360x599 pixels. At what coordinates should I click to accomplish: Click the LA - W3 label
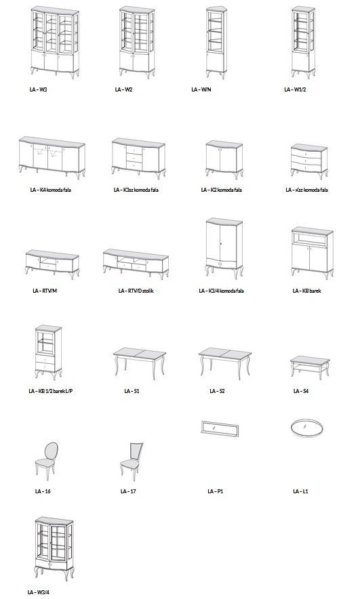pos(38,89)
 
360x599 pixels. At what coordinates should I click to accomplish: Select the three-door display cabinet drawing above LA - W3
pos(55,42)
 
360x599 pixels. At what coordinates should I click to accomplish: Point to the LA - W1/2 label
pos(295,89)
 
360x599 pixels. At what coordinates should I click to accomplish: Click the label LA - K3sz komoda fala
pos(136,190)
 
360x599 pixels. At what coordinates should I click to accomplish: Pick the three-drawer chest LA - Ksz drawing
pos(308,161)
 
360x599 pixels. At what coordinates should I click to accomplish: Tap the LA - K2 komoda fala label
pos(221,190)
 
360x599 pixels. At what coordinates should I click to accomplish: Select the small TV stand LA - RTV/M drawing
pos(52,264)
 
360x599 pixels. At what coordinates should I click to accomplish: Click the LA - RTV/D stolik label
pos(136,291)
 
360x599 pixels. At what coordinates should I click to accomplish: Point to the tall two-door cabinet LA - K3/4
pos(224,248)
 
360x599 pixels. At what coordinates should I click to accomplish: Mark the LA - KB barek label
pos(306,291)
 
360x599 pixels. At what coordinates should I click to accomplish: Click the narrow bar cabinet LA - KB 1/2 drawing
pos(48,352)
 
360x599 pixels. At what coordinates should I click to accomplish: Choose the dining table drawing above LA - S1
pos(140,363)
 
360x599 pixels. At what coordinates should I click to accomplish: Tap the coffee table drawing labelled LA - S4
pos(310,367)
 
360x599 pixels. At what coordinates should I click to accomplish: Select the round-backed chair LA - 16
pos(47,461)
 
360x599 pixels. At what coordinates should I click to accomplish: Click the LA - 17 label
pos(128,491)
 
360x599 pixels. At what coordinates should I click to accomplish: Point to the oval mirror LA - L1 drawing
pos(307,427)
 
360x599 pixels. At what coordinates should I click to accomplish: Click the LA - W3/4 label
pos(38,592)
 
